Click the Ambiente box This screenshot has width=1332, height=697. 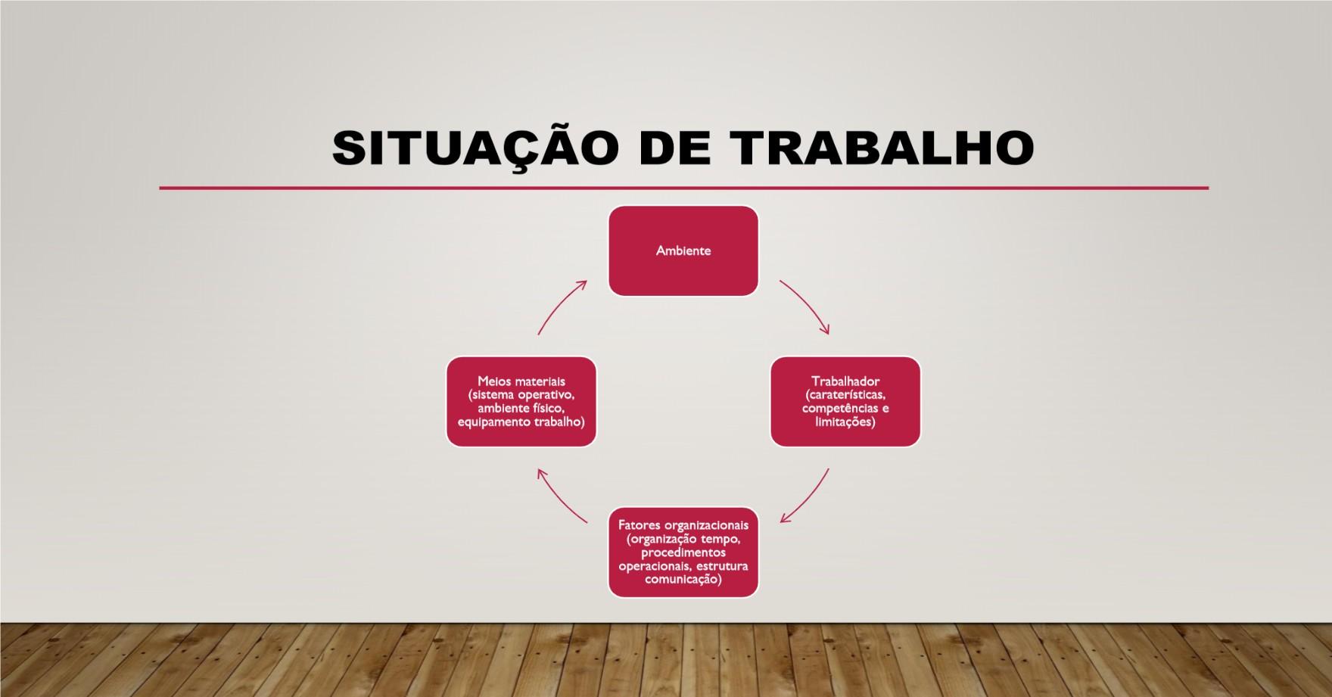pyautogui.click(x=683, y=250)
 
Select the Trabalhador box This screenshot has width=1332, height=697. pyautogui.click(x=845, y=402)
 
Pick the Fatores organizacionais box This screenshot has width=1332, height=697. pyautogui.click(x=683, y=552)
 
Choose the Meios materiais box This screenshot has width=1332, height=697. pyautogui.click(x=521, y=402)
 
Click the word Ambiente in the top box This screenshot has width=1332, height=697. pyautogui.click(x=683, y=250)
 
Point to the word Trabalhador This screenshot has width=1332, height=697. pyautogui.click(x=845, y=381)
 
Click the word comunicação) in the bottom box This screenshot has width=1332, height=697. pyautogui.click(x=683, y=580)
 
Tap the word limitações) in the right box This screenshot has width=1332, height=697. pyautogui.click(x=845, y=422)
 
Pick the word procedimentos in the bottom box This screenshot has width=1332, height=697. pyautogui.click(x=683, y=552)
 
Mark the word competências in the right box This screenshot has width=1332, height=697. pyautogui.click(x=838, y=409)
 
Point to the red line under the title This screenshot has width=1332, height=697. pyautogui.click(x=684, y=188)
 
